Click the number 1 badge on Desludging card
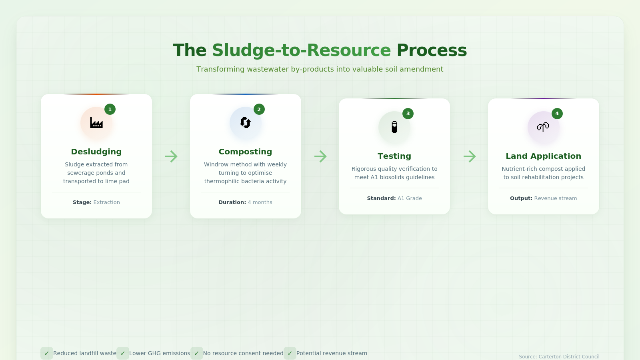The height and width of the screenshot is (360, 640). (x=110, y=109)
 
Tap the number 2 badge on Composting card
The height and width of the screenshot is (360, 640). (x=259, y=109)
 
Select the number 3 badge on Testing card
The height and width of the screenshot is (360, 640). (x=408, y=114)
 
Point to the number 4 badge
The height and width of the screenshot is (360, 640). (x=557, y=114)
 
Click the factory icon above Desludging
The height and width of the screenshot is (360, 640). (x=96, y=123)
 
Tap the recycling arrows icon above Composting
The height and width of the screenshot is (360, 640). (x=246, y=123)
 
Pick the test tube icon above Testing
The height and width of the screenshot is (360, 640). (x=394, y=127)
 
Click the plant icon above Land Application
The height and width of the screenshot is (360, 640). (x=543, y=127)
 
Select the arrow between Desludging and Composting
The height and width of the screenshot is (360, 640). (x=171, y=156)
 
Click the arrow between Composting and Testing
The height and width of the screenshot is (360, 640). (x=320, y=156)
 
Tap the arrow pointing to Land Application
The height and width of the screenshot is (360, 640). (x=470, y=156)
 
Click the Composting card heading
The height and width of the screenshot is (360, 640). (x=246, y=152)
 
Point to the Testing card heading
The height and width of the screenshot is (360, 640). (x=394, y=156)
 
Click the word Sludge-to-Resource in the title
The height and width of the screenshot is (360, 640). (x=302, y=50)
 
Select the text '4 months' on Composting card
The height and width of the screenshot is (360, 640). (x=260, y=202)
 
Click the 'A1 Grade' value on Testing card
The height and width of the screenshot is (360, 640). (x=410, y=198)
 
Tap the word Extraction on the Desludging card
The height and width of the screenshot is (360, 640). (x=106, y=202)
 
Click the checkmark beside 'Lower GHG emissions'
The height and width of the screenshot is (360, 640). (x=123, y=353)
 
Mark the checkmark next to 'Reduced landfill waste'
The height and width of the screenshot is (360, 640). (x=46, y=353)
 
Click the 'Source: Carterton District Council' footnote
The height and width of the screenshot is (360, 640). (x=559, y=356)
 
